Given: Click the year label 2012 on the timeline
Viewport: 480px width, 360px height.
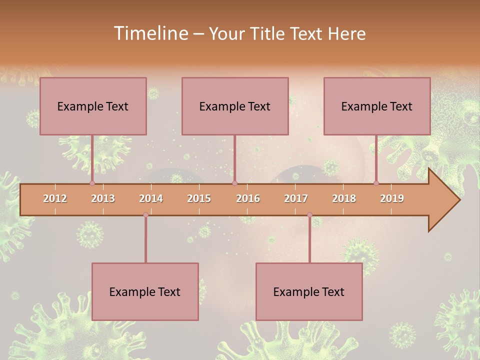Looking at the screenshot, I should click(x=55, y=198).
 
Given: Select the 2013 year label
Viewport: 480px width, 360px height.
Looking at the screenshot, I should click(x=103, y=198).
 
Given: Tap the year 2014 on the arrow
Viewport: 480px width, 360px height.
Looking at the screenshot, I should click(x=151, y=198).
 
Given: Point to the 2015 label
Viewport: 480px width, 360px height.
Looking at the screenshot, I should click(x=199, y=198).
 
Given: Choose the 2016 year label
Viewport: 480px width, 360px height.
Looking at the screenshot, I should click(x=248, y=198).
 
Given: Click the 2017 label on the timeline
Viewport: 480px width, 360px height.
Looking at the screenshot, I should click(x=296, y=198).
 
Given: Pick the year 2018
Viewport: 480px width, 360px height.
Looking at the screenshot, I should click(x=344, y=198).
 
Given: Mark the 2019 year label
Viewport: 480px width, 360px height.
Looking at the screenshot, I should click(x=392, y=198).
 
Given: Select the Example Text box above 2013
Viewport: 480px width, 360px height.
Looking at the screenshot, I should click(x=93, y=106).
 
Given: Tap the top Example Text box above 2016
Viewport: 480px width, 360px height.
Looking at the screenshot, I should click(x=235, y=106).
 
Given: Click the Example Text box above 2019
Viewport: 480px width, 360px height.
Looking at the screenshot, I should click(x=377, y=106).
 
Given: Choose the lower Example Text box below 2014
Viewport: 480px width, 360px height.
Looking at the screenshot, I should click(x=145, y=291).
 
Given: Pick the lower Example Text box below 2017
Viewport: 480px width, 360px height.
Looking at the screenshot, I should click(x=309, y=291).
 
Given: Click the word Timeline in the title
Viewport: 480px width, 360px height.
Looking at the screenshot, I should click(x=150, y=33).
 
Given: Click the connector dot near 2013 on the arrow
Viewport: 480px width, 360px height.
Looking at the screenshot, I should click(x=92, y=183).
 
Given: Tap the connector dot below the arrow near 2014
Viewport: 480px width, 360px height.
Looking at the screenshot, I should click(x=145, y=215).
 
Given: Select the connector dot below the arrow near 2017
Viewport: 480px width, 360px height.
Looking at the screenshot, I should click(x=309, y=215).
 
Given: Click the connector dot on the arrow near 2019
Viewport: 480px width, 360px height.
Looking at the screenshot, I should click(x=376, y=183).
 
